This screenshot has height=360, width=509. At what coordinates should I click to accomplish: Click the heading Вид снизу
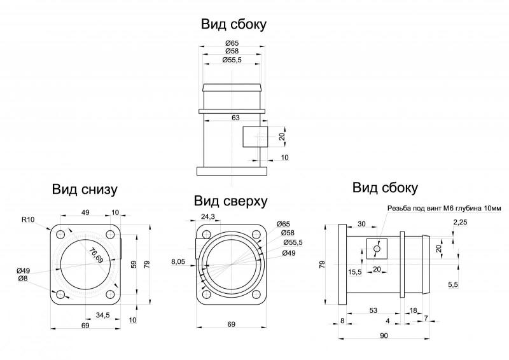tap(85, 190)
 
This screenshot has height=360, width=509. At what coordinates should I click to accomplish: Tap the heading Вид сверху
tap(230, 201)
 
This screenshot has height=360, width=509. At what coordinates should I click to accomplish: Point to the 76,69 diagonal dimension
tap(96, 255)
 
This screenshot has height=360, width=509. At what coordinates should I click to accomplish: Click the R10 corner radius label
tap(28, 220)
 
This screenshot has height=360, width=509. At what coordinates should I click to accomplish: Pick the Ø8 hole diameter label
tap(23, 278)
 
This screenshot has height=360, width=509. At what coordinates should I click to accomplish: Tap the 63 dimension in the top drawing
tap(235, 117)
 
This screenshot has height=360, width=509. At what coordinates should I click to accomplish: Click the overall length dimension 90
tap(384, 336)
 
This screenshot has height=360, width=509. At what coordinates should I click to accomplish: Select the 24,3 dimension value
tap(208, 216)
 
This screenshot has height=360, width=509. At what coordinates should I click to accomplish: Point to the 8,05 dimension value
tap(178, 261)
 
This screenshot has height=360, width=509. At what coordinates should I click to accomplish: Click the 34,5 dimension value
tap(103, 315)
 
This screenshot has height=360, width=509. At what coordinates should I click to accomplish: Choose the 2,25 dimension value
tap(460, 223)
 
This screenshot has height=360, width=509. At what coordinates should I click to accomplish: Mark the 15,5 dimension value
tap(355, 272)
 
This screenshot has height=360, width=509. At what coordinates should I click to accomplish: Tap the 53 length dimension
tap(373, 310)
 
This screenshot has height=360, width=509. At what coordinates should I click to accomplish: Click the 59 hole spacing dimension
tap(134, 264)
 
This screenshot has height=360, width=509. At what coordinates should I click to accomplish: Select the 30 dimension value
tap(361, 224)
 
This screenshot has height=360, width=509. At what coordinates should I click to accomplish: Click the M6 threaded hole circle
tap(377, 249)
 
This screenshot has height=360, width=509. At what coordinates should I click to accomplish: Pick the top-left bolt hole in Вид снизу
tap(60, 234)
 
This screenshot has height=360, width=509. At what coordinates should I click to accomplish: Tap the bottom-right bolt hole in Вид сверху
tap(256, 294)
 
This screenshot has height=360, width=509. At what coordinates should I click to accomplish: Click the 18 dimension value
tap(413, 310)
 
